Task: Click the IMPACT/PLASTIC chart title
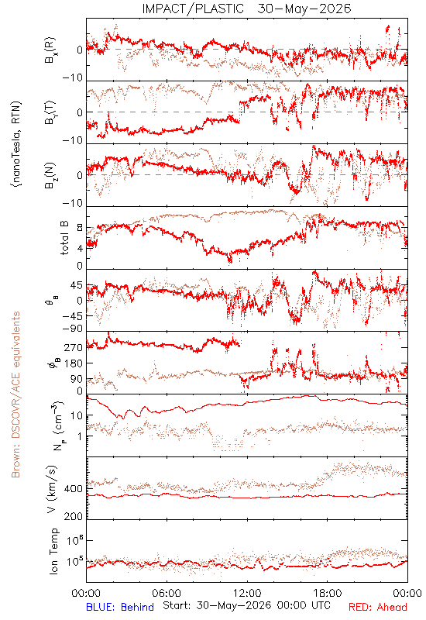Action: pyautogui.click(x=193, y=9)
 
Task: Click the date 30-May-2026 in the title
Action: pyautogui.click(x=304, y=9)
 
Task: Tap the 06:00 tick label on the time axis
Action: pyautogui.click(x=167, y=593)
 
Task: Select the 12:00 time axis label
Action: pyautogui.click(x=247, y=593)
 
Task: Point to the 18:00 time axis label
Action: pyautogui.click(x=328, y=593)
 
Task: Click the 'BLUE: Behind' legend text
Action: pyautogui.click(x=120, y=607)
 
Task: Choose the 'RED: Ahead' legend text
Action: pyautogui.click(x=378, y=607)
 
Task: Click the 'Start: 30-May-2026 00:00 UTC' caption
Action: pyautogui.click(x=246, y=605)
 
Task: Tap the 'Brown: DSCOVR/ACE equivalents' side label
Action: pyautogui.click(x=15, y=394)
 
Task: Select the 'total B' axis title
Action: pyautogui.click(x=64, y=238)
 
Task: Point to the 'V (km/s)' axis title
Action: pyautogui.click(x=52, y=489)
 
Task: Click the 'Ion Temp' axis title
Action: pyautogui.click(x=54, y=551)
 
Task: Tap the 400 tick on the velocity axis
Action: pyautogui.click(x=74, y=489)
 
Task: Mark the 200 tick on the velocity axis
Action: pyautogui.click(x=74, y=516)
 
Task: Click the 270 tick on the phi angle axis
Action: pyautogui.click(x=74, y=347)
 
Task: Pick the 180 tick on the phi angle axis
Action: pyautogui.click(x=74, y=363)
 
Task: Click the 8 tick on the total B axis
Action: pyautogui.click(x=80, y=228)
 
